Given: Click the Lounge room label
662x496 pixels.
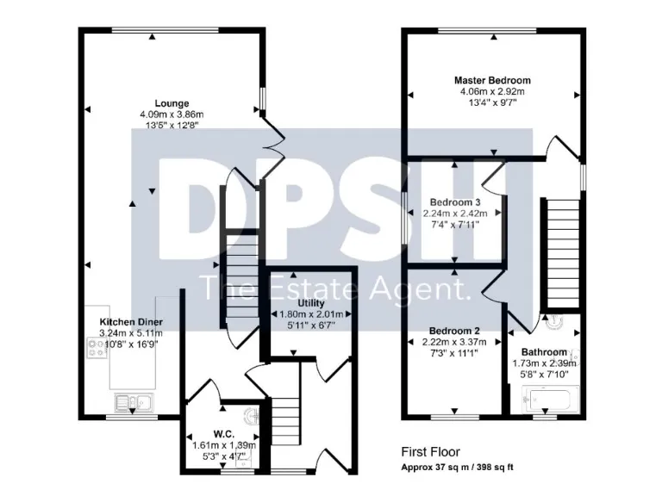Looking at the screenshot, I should coord(172,103).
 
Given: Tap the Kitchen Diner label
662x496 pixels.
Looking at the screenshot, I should coord(131,321).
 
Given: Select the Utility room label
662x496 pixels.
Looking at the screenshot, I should coord(310,304).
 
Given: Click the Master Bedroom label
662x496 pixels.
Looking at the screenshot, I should coord(492,80).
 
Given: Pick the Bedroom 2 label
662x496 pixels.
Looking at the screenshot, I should coord(454,331).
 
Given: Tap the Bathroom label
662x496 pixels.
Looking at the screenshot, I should coord(543,352).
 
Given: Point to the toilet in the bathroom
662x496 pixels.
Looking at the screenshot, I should coord(553,322).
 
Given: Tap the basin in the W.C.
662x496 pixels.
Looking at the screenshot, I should coord(250,418).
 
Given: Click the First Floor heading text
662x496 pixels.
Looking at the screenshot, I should coord(430,451).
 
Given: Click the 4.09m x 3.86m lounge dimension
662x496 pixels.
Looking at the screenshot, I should coord(172,115).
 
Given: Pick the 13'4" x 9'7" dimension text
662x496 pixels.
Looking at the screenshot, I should coord(492,102).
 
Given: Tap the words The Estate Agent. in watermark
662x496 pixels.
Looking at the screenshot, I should coord(335,288).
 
